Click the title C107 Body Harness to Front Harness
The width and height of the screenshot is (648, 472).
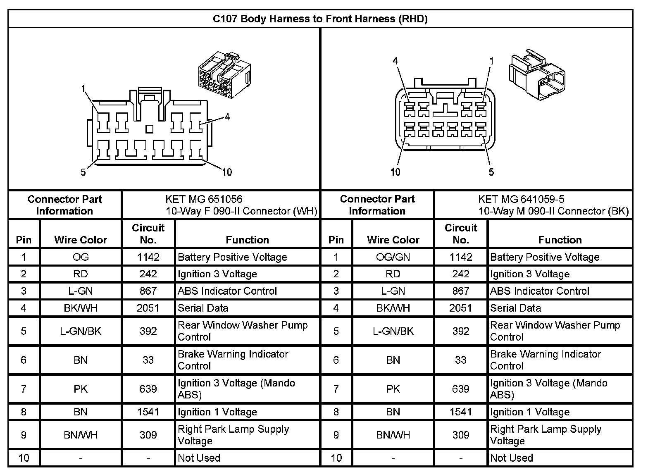click(320, 19)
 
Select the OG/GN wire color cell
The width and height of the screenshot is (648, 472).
click(393, 257)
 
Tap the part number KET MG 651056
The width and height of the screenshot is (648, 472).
click(204, 199)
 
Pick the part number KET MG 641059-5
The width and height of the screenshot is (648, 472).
click(521, 199)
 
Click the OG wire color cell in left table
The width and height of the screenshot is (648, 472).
click(81, 257)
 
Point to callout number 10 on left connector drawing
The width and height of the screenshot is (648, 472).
click(227, 172)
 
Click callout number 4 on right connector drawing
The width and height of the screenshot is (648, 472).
click(395, 61)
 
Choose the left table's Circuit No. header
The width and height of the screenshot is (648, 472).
click(148, 234)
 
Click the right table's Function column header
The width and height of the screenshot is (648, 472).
click(560, 240)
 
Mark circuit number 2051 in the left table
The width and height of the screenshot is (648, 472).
click(148, 308)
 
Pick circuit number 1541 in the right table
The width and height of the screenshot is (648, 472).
click(461, 412)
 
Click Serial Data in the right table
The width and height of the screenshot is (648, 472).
click(515, 308)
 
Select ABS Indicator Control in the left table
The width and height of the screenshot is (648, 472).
click(227, 291)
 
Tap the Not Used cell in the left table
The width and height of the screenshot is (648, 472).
click(199, 458)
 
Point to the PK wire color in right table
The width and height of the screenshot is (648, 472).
click(393, 389)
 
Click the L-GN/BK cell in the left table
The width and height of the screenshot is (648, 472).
click(81, 331)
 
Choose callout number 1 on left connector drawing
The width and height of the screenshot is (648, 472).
click(83, 88)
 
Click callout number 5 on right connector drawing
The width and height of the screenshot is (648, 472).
click(491, 172)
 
